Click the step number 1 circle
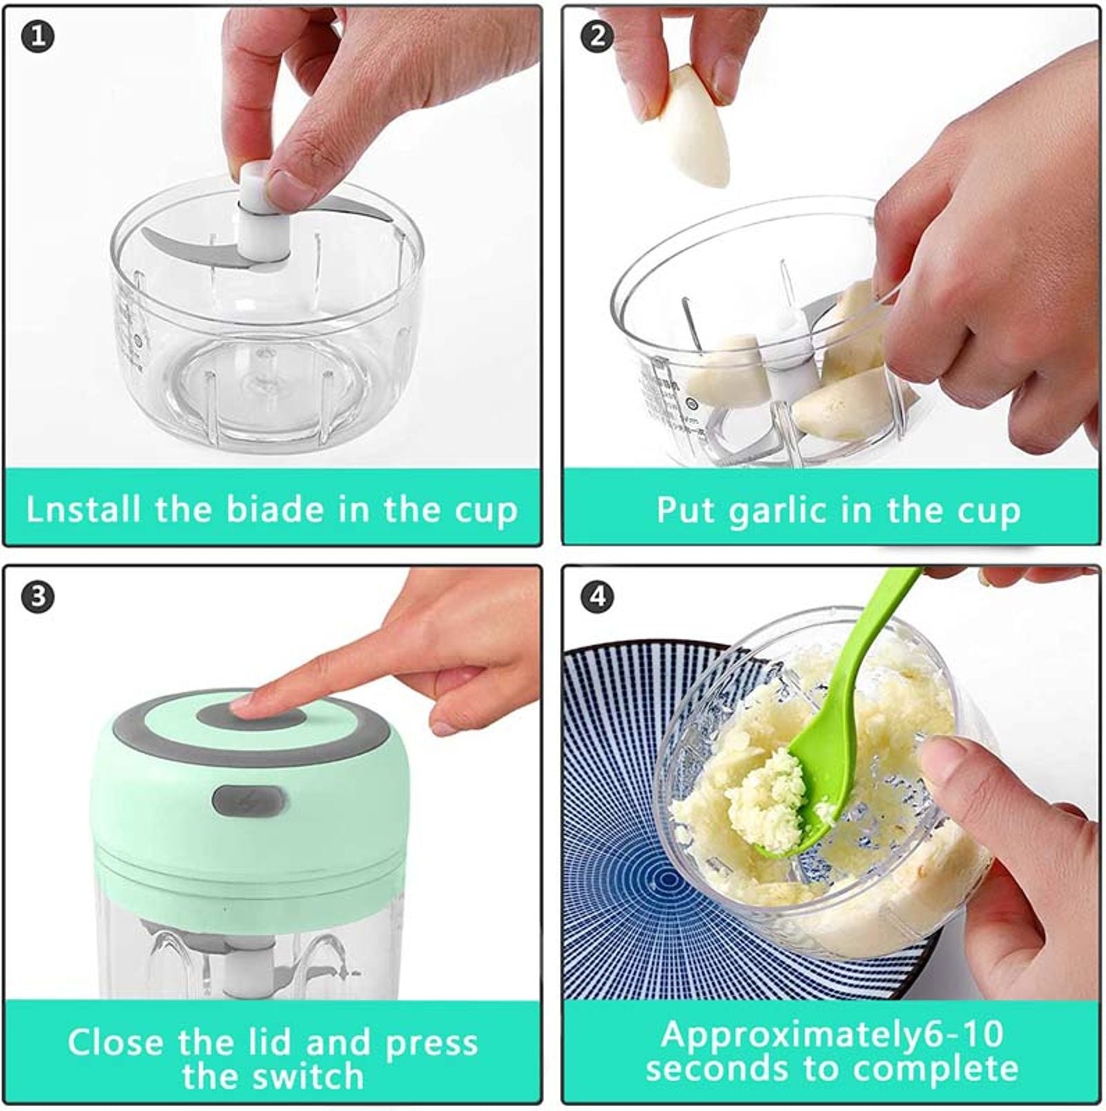38,36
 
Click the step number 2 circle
597,36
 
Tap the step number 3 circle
38,596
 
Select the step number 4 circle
597,596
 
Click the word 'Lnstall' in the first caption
83,510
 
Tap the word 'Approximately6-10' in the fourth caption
832,1034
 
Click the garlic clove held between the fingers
695,128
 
